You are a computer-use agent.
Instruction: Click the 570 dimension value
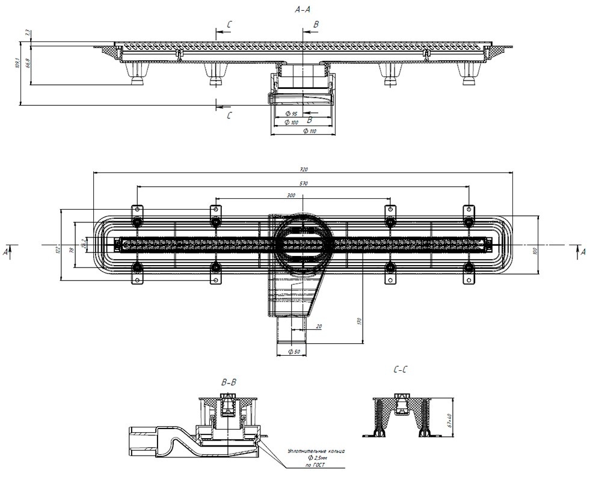click(304, 183)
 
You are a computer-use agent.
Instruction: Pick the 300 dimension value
click(291, 196)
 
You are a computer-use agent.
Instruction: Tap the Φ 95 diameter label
click(292, 113)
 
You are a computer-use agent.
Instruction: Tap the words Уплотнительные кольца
click(316, 450)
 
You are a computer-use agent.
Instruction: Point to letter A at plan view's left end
click(5, 252)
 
